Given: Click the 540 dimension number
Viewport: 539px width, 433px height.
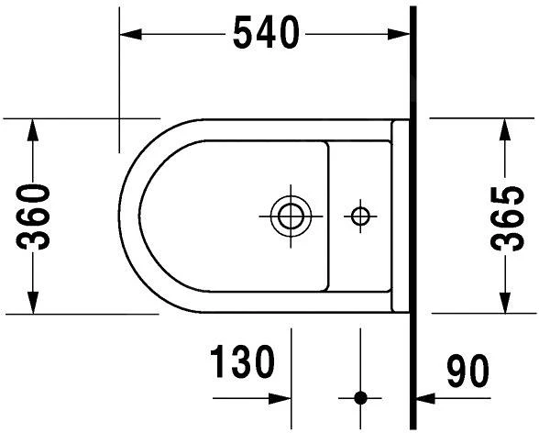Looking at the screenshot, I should pyautogui.click(x=266, y=34).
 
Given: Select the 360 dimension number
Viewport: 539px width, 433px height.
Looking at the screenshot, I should pyautogui.click(x=33, y=216).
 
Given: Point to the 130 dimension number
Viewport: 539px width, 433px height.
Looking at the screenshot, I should pyautogui.click(x=243, y=364).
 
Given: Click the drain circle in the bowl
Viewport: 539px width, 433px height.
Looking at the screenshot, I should pyautogui.click(x=291, y=216).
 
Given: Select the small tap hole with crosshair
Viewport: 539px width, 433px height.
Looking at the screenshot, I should pyautogui.click(x=360, y=216).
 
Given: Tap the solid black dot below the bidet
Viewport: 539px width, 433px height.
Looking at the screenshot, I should pyautogui.click(x=360, y=398).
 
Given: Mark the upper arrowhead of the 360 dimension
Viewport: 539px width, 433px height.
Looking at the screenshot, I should pyautogui.click(x=33, y=129).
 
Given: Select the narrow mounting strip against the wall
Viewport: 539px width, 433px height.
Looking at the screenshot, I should pyautogui.click(x=400, y=216).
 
